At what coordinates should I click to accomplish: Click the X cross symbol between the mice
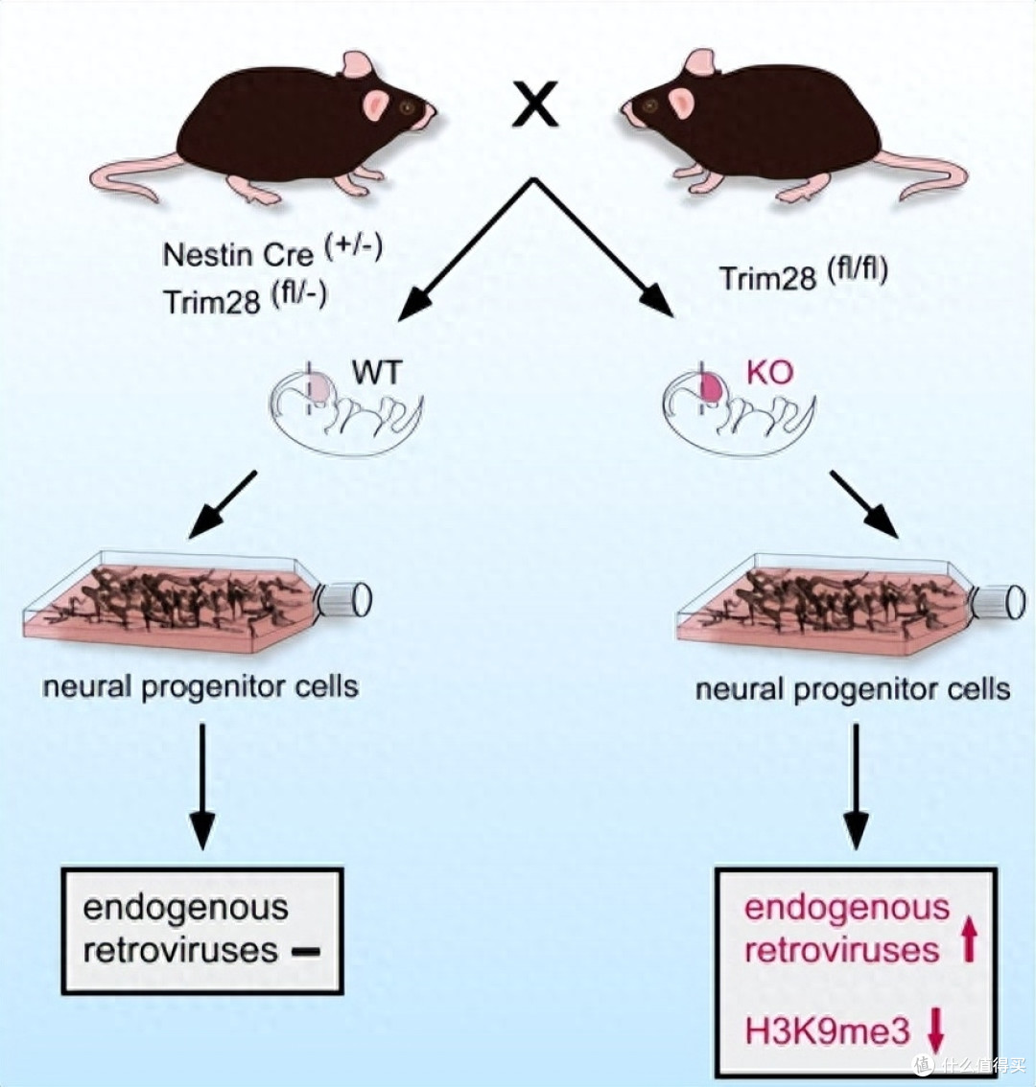pyautogui.click(x=534, y=104)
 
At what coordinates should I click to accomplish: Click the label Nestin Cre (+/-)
pyautogui.click(x=272, y=252)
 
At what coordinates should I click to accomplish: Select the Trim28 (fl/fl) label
pyautogui.click(x=804, y=275)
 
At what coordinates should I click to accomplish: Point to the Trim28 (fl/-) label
pyautogui.click(x=245, y=299)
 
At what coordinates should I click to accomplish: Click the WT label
pyautogui.click(x=377, y=372)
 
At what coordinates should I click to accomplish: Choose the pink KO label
pyautogui.click(x=769, y=372)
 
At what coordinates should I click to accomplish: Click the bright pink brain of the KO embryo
pyautogui.click(x=713, y=387)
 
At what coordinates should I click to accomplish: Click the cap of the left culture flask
pyautogui.click(x=345, y=600)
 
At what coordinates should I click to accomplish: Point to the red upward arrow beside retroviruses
pyautogui.click(x=970, y=937)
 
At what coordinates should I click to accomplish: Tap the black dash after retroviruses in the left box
pyautogui.click(x=306, y=953)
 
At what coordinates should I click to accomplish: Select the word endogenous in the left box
pyautogui.click(x=185, y=909)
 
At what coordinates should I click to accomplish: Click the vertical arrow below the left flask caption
pyautogui.click(x=202, y=786)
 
